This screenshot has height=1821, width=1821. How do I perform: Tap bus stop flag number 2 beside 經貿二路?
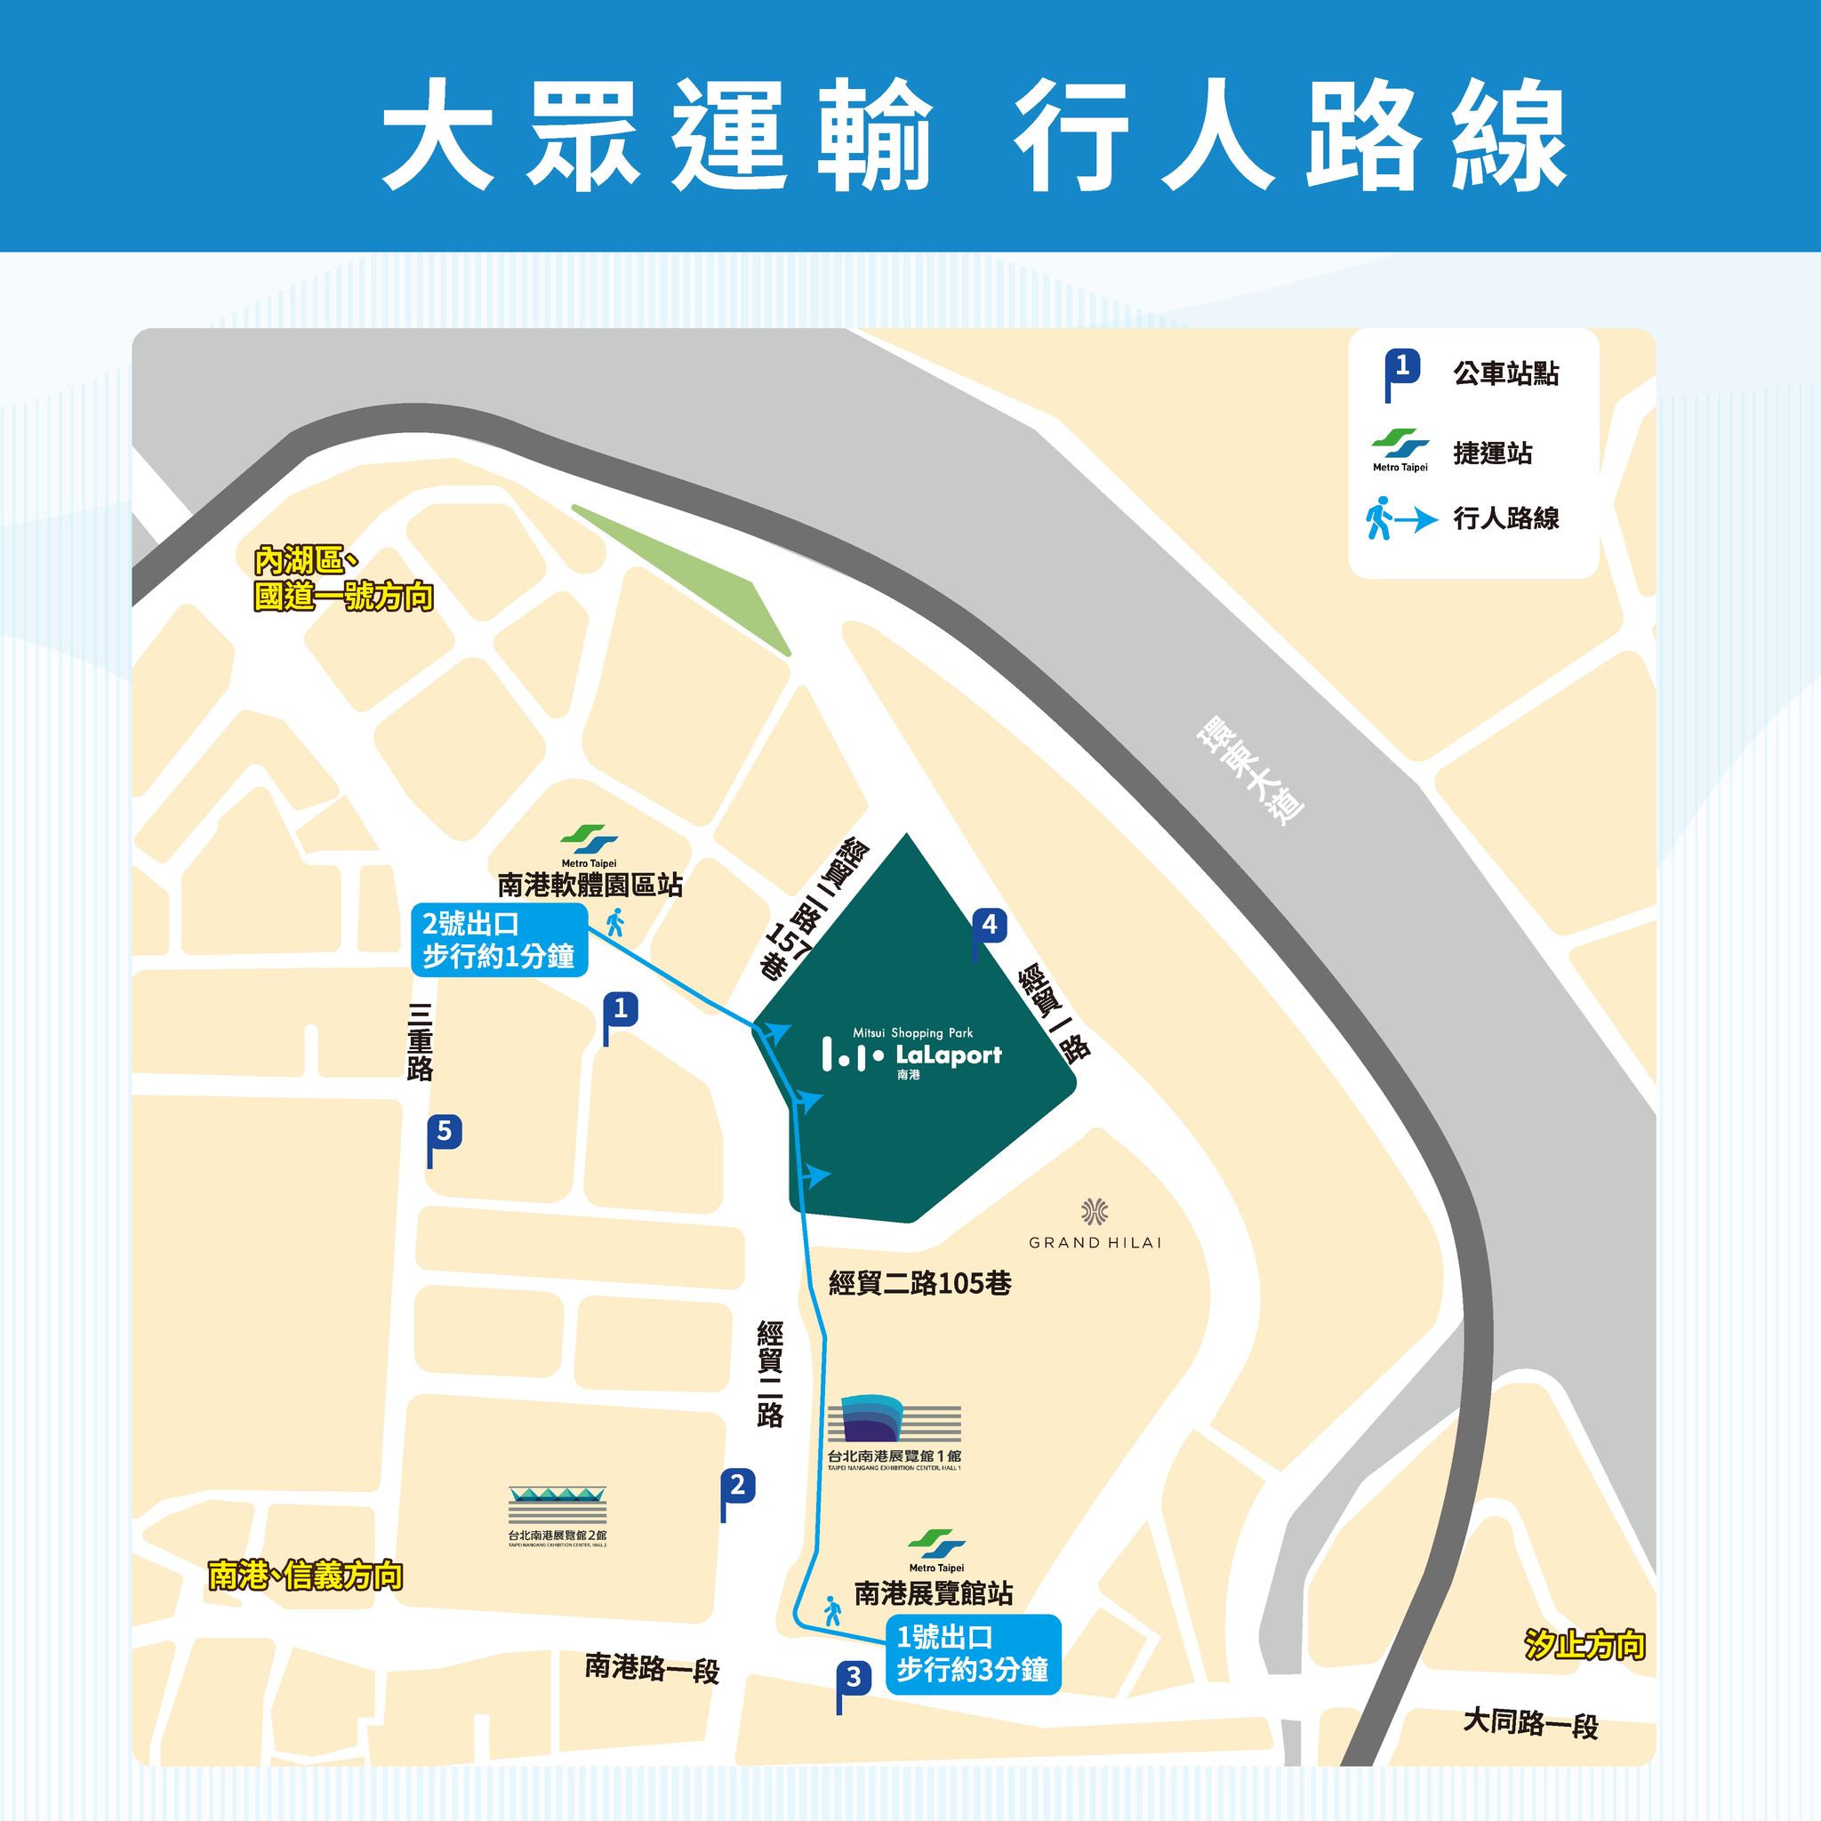point(738,1487)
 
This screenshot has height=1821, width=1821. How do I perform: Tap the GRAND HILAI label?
point(1095,1242)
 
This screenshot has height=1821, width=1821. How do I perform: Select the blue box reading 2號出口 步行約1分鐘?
point(499,941)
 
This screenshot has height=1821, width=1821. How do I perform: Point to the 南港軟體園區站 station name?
point(590,885)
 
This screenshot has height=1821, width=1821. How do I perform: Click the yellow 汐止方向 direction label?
point(1584,1645)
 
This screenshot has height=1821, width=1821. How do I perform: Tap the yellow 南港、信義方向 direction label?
point(305,1576)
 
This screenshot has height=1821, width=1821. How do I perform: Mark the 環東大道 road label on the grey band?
point(1249,771)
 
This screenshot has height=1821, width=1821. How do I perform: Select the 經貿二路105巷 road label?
point(919,1283)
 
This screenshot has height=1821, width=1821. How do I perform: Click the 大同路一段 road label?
point(1529,1723)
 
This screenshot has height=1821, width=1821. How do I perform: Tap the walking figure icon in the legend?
point(1379,518)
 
